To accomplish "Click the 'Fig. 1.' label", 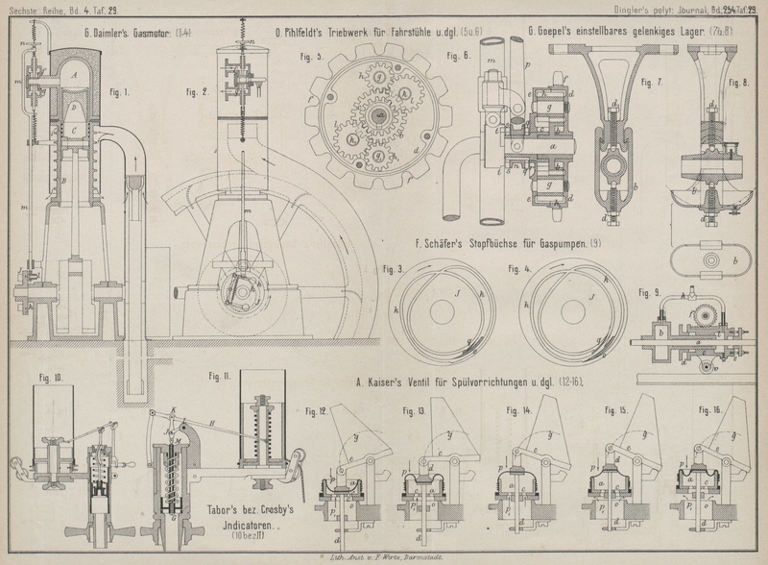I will click(119, 93).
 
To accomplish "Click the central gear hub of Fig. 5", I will click(382, 115).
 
